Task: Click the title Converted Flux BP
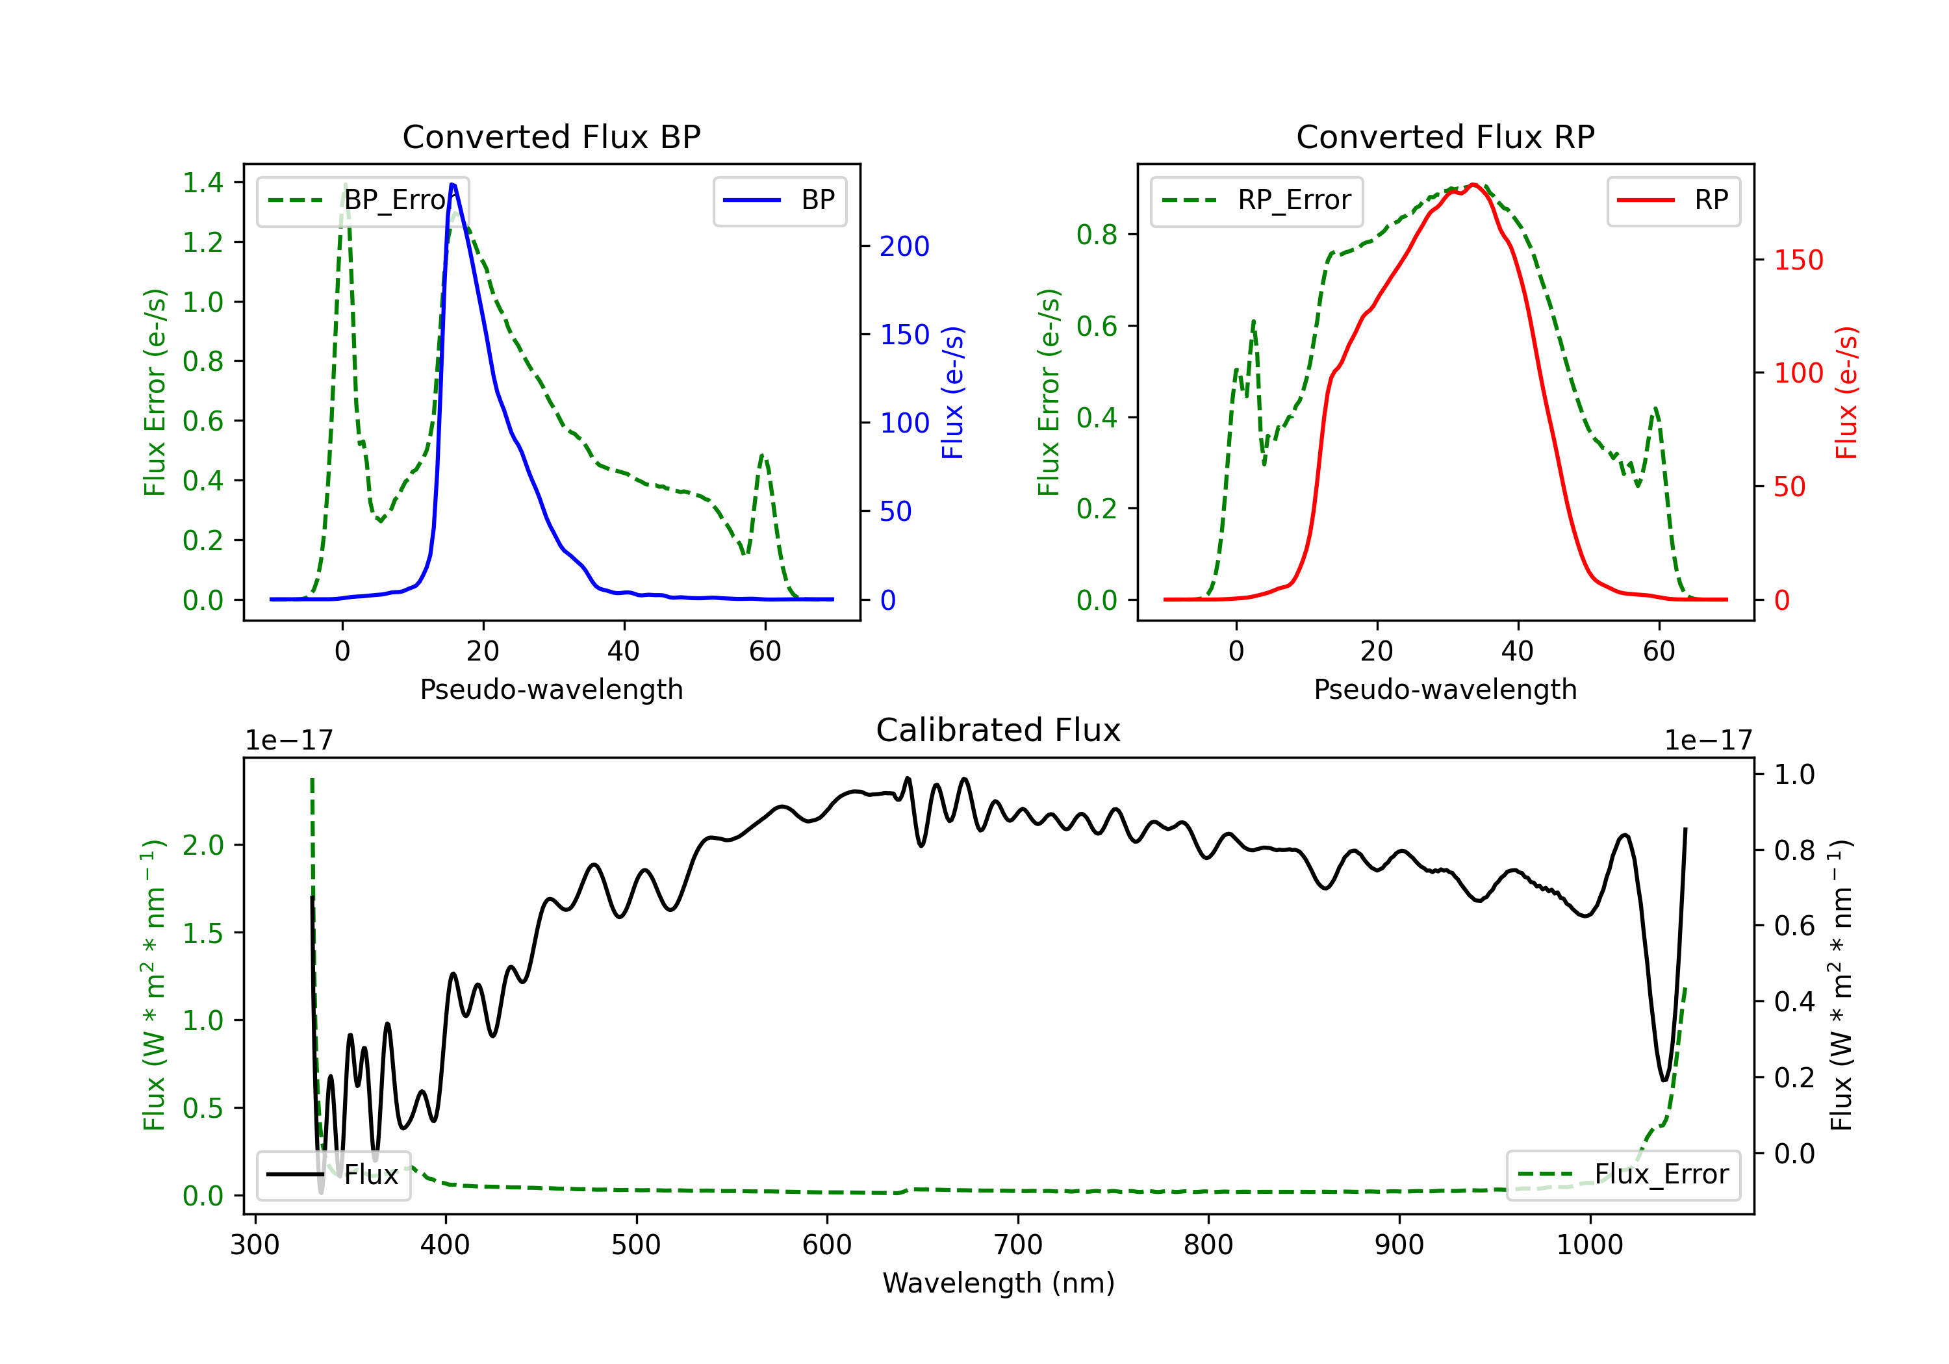click(551, 136)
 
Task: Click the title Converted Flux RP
click(1445, 136)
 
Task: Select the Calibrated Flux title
click(999, 730)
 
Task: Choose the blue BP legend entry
click(779, 200)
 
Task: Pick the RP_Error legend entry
click(1256, 200)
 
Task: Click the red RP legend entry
click(1673, 200)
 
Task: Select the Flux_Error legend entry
click(1623, 1175)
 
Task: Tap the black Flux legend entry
click(333, 1175)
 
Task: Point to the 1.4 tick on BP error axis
click(203, 183)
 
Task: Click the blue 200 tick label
click(904, 246)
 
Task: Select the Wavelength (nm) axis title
click(999, 1283)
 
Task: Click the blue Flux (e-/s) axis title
click(952, 392)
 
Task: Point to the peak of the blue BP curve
click(452, 184)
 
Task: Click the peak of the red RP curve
click(1473, 184)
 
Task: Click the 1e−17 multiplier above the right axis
click(1708, 741)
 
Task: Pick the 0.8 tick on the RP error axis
click(1097, 234)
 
